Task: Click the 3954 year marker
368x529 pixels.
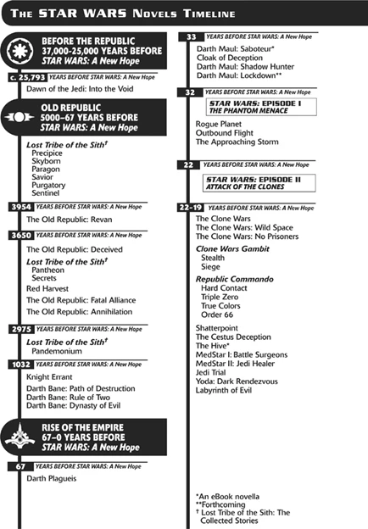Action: point(21,207)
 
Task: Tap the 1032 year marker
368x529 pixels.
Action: point(21,365)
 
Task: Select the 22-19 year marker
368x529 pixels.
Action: point(191,208)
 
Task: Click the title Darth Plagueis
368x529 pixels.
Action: point(51,478)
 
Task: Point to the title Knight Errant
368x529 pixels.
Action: point(49,377)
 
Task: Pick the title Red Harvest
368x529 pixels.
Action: point(47,289)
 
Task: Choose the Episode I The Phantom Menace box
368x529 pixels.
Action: point(261,107)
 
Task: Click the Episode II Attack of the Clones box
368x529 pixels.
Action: point(259,183)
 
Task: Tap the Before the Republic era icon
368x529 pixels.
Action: point(20,51)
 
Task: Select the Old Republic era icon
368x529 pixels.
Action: point(20,117)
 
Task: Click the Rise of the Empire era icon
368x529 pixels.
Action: point(20,437)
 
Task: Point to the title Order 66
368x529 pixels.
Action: point(217,315)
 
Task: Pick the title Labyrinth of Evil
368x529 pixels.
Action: point(224,390)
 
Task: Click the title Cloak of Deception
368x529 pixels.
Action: point(230,58)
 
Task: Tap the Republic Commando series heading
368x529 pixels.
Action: point(235,280)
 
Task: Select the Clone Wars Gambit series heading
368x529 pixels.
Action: point(232,249)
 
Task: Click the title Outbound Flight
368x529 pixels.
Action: point(225,133)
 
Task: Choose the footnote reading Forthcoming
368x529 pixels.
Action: point(220,504)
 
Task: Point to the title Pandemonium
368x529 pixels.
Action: point(57,351)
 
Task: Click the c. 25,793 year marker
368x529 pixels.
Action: point(27,77)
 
